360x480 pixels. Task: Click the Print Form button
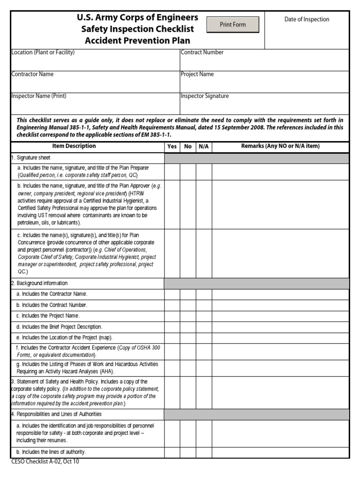point(233,25)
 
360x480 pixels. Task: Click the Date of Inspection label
point(307,19)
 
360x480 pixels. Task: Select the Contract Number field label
point(202,52)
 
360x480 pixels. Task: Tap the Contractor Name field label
point(32,74)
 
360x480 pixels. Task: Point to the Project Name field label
point(197,74)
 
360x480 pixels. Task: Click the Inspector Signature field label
point(205,96)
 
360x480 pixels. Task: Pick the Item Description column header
point(74,146)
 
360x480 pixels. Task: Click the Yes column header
point(172,147)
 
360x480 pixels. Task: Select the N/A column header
point(204,147)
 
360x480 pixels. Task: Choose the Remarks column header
point(280,146)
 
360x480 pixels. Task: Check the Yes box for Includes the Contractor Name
point(172,294)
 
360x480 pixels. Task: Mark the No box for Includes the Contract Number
point(188,305)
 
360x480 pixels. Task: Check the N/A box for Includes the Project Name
point(204,316)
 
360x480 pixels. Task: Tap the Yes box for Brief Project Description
point(172,327)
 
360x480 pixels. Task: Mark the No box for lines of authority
point(188,452)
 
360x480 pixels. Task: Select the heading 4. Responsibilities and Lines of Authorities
point(56,414)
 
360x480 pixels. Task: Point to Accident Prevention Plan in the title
point(137,41)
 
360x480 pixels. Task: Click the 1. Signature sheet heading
point(31,158)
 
